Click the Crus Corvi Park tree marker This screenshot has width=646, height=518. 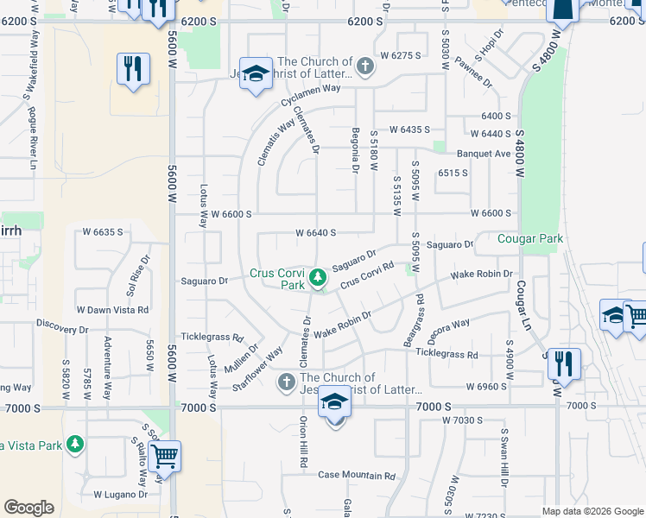pyautogui.click(x=318, y=277)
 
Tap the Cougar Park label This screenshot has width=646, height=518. pyautogui.click(x=530, y=238)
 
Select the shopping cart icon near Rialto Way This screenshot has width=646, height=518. pyautogui.click(x=164, y=455)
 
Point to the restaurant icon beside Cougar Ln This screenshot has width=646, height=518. pyautogui.click(x=564, y=363)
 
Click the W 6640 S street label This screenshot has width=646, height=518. pyautogui.click(x=315, y=233)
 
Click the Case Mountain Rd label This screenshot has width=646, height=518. pyautogui.click(x=356, y=476)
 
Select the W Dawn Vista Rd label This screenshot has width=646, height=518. pyautogui.click(x=112, y=309)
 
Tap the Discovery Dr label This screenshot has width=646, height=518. pyautogui.click(x=62, y=330)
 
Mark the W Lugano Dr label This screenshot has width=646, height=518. pyautogui.click(x=122, y=496)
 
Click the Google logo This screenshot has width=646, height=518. pyautogui.click(x=28, y=508)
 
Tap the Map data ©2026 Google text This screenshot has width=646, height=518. pyautogui.click(x=592, y=511)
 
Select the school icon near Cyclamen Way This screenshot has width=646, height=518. pyautogui.click(x=256, y=73)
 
